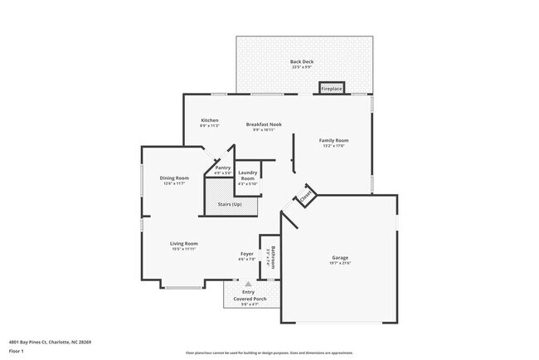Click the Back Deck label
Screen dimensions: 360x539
[302, 61]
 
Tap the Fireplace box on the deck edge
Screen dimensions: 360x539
[333, 88]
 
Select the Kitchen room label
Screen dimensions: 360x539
[210, 120]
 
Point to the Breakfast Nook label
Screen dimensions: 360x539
[264, 124]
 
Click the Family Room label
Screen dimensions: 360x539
[334, 140]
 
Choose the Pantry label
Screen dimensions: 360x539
[223, 168]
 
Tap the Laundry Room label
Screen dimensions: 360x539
[248, 177]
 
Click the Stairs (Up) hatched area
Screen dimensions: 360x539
[230, 205]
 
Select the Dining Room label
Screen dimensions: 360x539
[175, 178]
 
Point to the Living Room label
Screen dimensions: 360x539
[184, 243]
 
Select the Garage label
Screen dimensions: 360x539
[341, 257]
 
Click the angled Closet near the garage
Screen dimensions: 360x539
[304, 197]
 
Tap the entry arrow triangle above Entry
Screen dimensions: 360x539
[247, 285]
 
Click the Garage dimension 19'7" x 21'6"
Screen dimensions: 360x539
[341, 263]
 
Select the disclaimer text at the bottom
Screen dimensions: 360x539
[269, 353]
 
